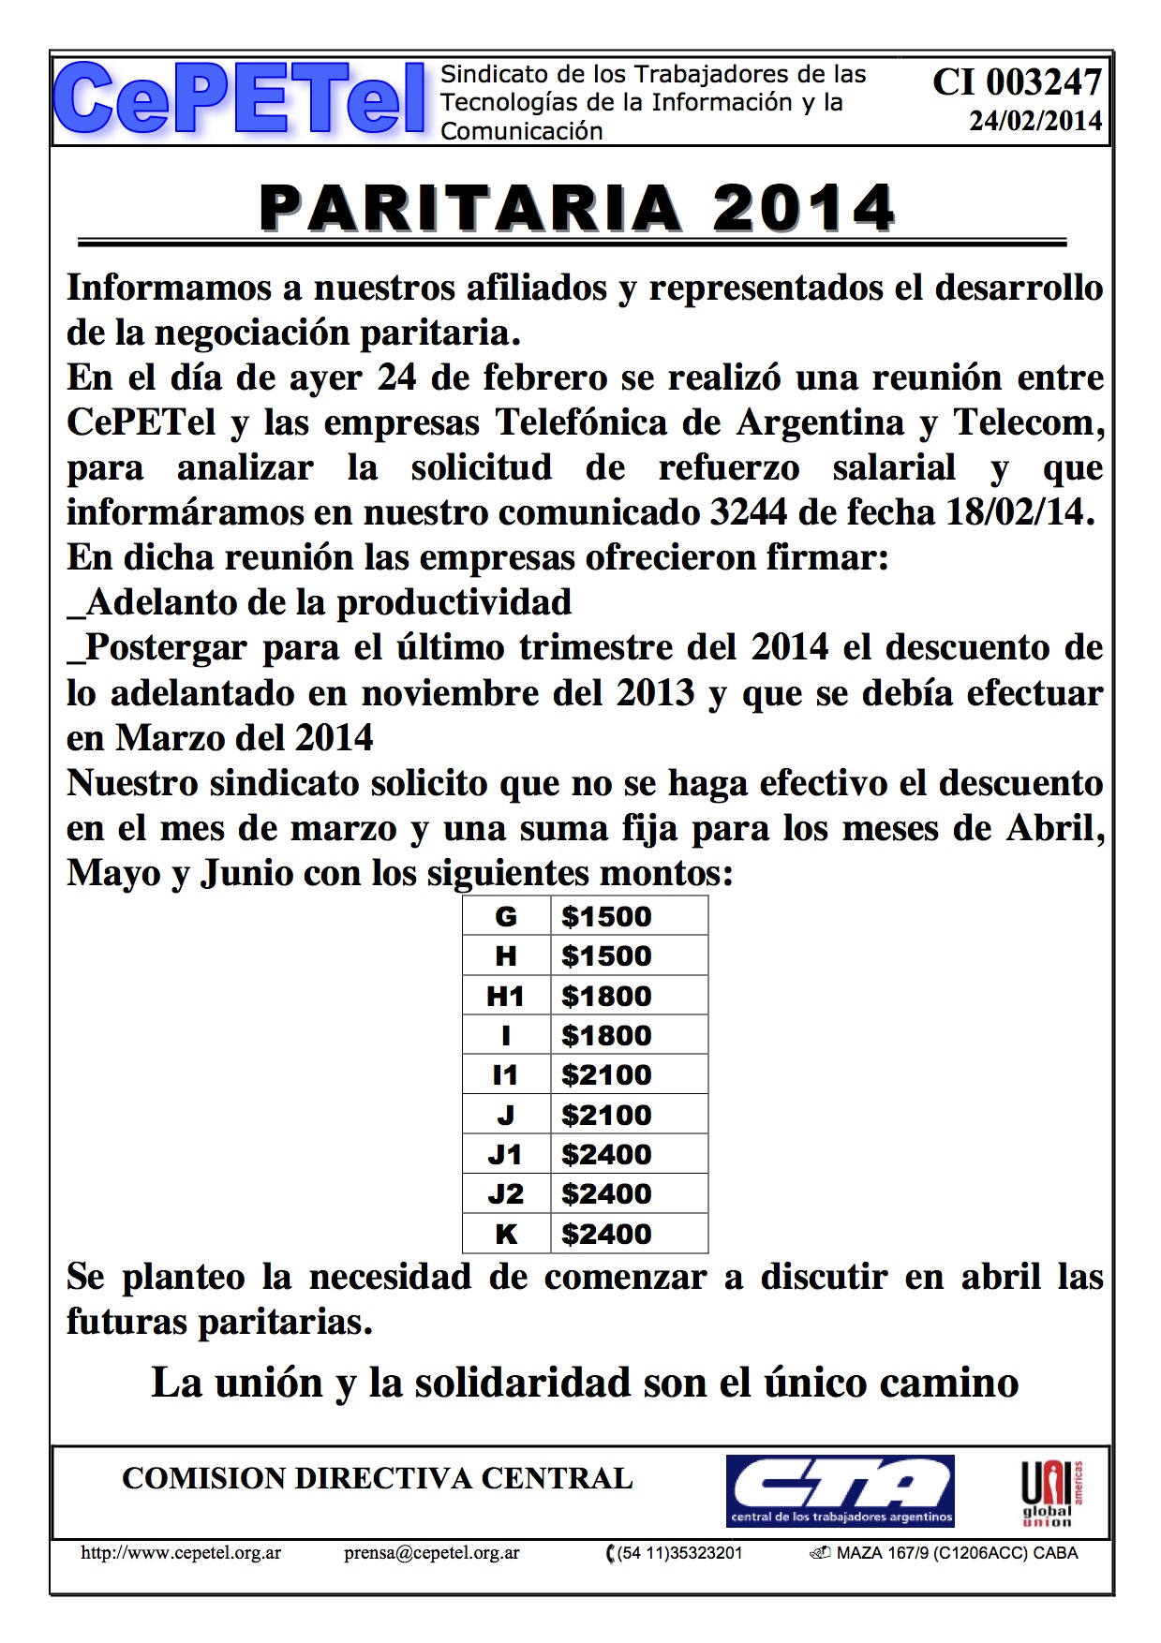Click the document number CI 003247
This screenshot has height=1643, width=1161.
point(1017,83)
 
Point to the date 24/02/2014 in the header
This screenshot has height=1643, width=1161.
point(1034,122)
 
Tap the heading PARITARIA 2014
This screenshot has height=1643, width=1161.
point(577,207)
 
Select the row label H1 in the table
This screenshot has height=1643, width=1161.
point(505,996)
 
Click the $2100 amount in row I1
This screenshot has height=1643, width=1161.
point(606,1074)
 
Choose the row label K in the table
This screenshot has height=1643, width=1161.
point(505,1234)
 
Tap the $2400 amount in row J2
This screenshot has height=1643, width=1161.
point(606,1193)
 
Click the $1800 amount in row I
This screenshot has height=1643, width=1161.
point(606,1035)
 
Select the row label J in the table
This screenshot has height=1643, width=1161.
point(505,1115)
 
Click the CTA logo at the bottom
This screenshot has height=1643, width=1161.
point(841,1490)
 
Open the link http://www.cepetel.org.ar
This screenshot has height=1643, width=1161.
point(181,1553)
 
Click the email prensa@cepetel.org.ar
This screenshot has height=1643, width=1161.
point(431,1553)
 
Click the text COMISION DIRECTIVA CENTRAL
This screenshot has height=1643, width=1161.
point(377,1478)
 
